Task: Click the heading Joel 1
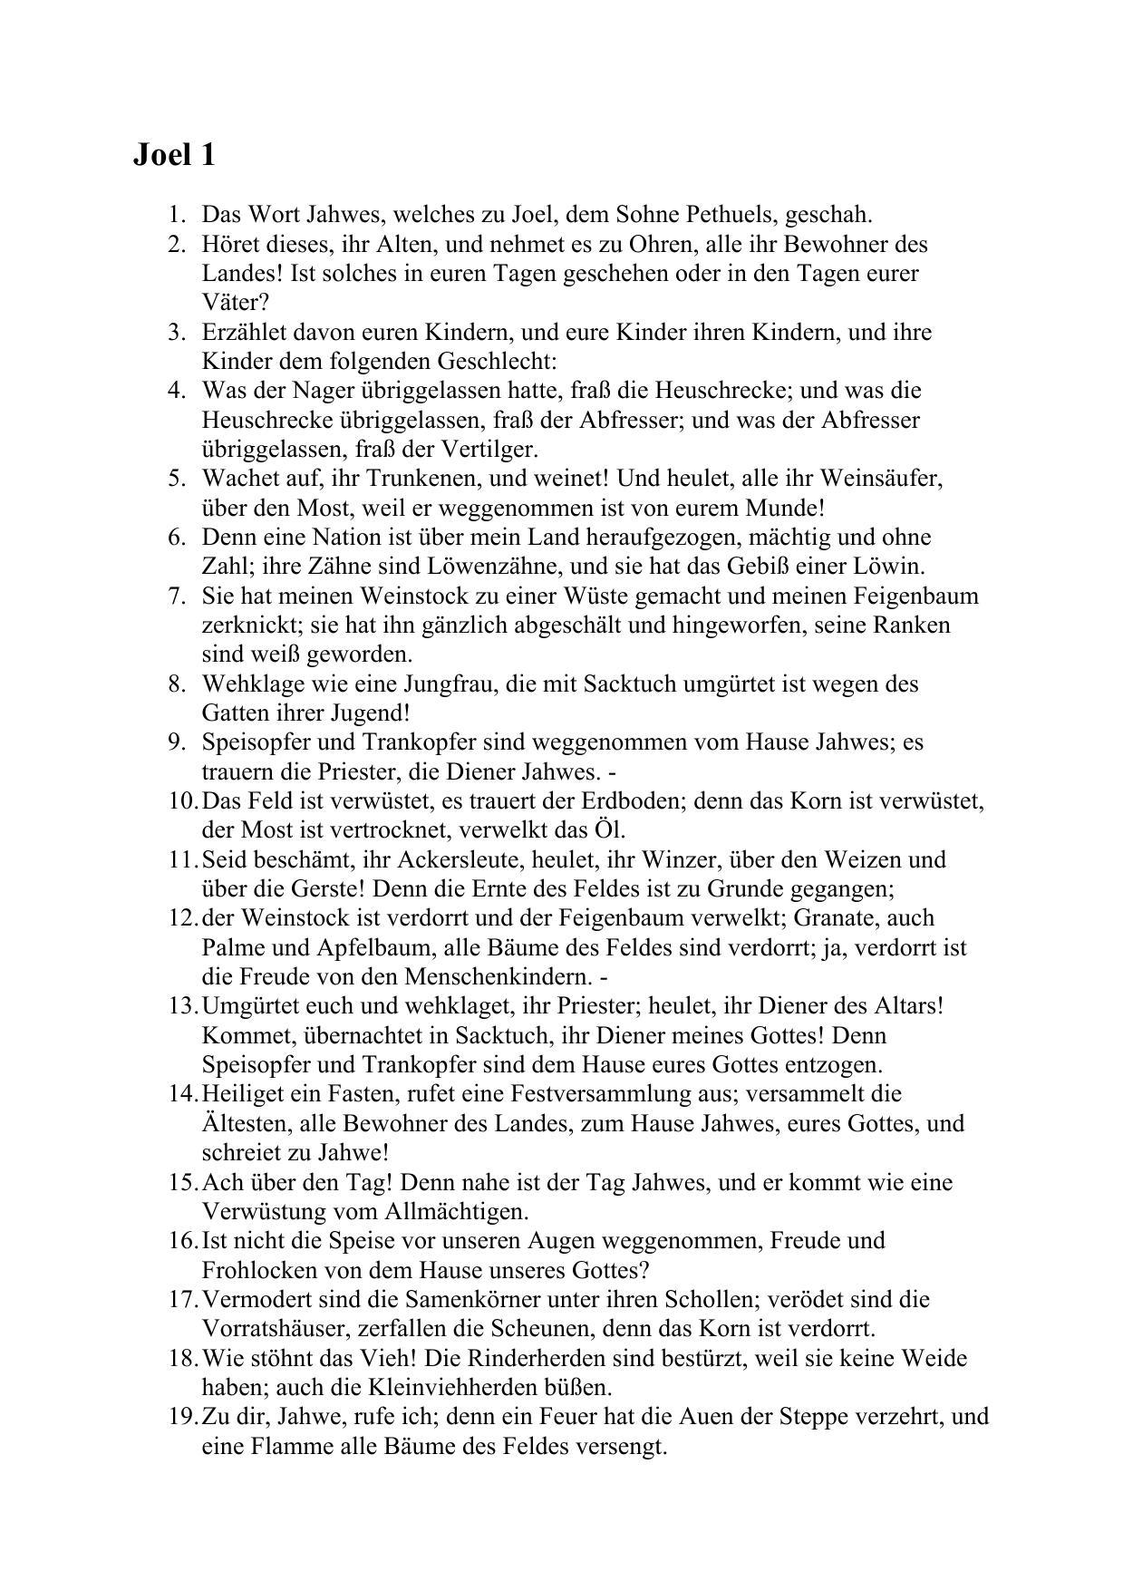tap(174, 155)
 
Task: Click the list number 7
tap(177, 596)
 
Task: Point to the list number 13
tap(182, 1006)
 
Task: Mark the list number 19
tap(182, 1417)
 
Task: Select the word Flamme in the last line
tap(284, 1446)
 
